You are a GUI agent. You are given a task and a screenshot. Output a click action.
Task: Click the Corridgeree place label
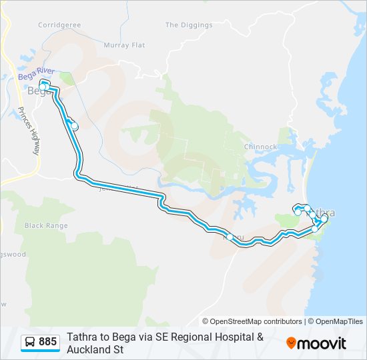[59, 25]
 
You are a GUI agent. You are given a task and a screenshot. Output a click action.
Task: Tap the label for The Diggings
[189, 25]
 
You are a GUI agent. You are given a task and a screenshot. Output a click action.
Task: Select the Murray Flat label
[124, 45]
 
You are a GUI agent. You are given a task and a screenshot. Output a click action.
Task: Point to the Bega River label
[36, 77]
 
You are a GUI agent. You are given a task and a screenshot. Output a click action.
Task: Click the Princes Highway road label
[29, 131]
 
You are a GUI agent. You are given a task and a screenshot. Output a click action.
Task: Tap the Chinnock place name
[260, 147]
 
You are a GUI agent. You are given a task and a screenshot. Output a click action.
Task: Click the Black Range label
[46, 225]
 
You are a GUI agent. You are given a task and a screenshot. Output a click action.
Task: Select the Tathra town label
[325, 213]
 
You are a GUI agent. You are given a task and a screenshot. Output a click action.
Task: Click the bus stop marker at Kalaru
[230, 237]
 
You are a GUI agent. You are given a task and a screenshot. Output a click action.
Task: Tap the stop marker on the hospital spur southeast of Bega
[75, 126]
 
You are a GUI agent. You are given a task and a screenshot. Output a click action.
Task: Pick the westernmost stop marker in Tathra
[298, 212]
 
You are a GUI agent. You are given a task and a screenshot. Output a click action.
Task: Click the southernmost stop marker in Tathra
[315, 229]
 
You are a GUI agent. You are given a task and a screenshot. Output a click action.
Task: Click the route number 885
[47, 343]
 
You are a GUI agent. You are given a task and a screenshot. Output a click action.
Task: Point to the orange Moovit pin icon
[291, 343]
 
